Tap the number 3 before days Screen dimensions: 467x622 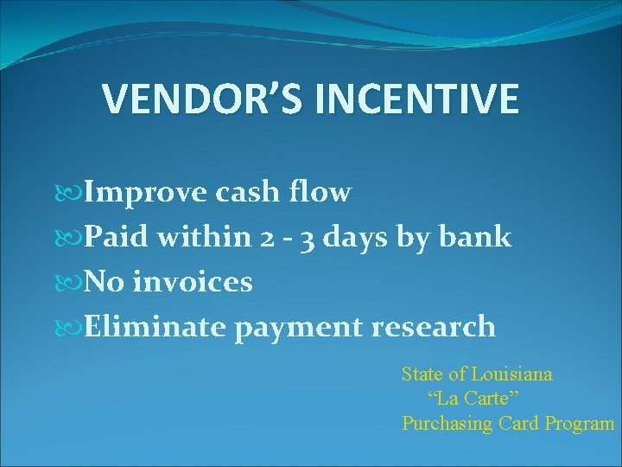(x=307, y=238)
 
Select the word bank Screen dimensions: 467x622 (x=477, y=236)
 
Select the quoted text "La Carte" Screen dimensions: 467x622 (x=473, y=399)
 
